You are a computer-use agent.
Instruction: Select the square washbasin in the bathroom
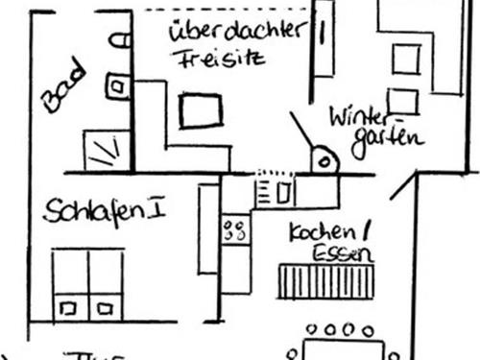tap(117, 86)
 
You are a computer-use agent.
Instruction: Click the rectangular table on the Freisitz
tap(201, 110)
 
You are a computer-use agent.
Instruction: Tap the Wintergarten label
tap(375, 127)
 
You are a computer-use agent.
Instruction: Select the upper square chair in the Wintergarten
tap(405, 60)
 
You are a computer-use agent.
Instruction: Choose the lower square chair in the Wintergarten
tap(403, 101)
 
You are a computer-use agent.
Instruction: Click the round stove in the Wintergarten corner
tap(324, 160)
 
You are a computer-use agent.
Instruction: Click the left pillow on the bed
tap(69, 308)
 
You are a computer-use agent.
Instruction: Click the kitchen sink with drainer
tap(276, 191)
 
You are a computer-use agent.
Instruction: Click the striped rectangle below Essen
tap(324, 282)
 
